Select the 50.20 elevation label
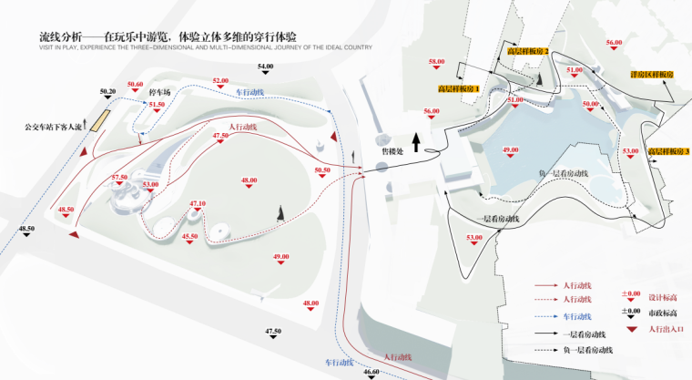pyautogui.click(x=108, y=93)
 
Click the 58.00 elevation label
pyautogui.click(x=437, y=61)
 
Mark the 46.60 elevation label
pyautogui.click(x=371, y=372)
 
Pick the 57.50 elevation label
pyautogui.click(x=120, y=177)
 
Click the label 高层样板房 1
pyautogui.click(x=459, y=88)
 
